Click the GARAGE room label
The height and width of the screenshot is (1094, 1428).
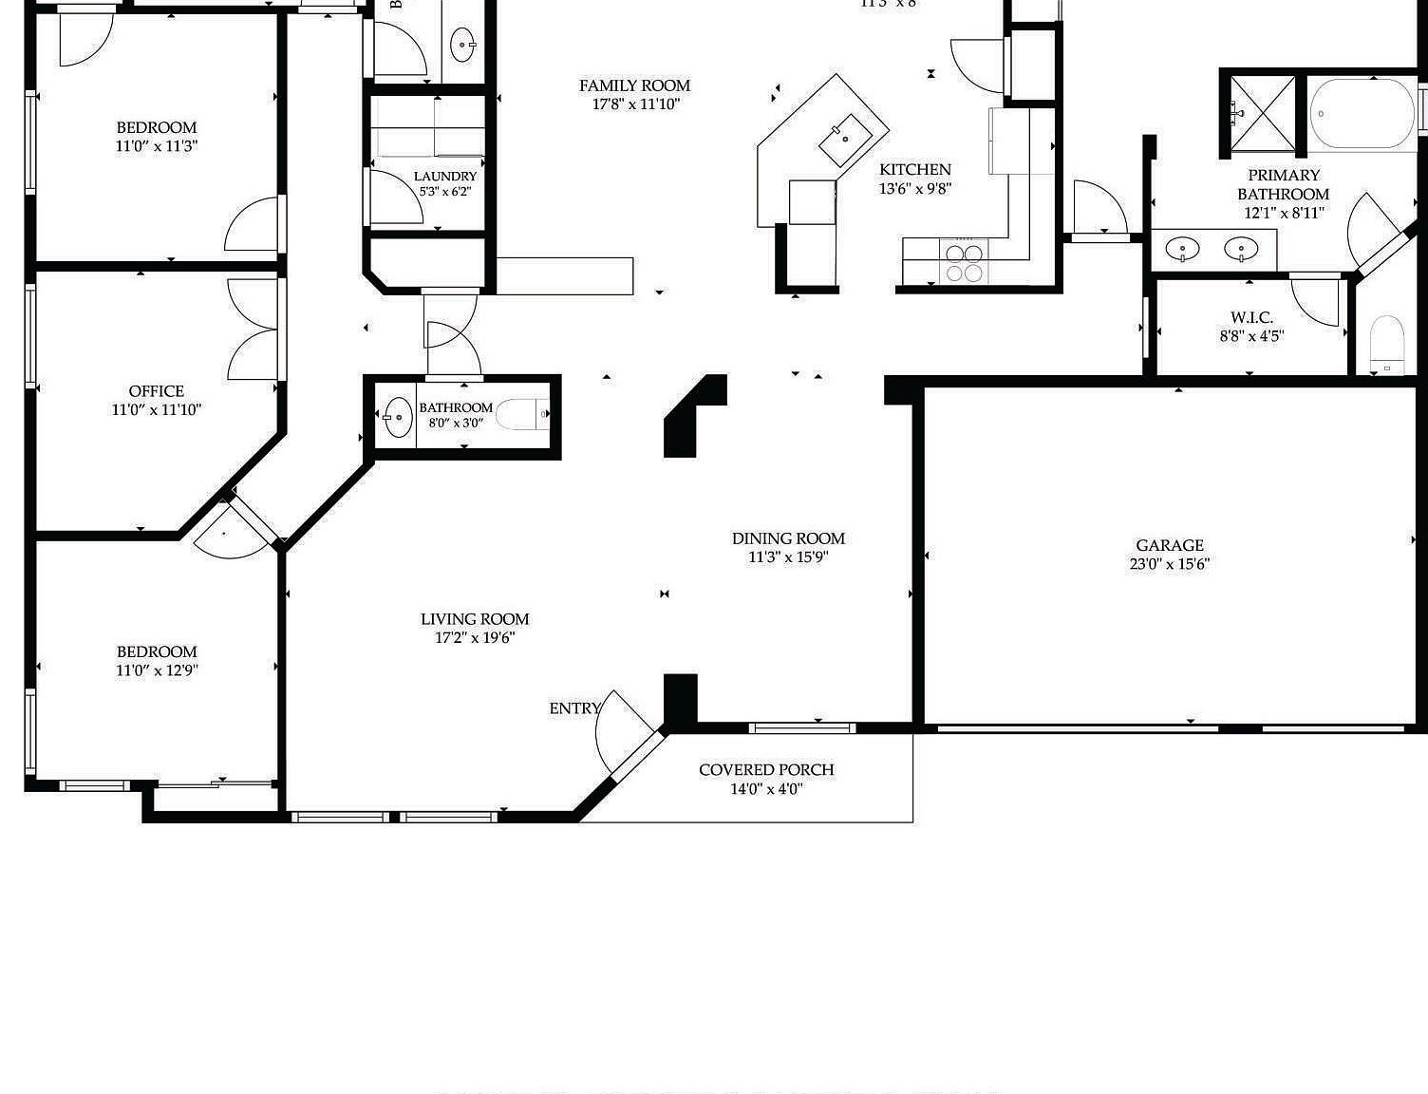click(x=1169, y=545)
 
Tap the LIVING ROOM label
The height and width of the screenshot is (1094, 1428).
click(x=475, y=619)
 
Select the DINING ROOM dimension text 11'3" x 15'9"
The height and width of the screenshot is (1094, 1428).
click(x=788, y=557)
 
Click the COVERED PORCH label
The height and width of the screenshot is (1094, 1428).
click(x=766, y=769)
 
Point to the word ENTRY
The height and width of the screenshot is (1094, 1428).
click(x=574, y=708)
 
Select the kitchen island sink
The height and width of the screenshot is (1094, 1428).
click(x=843, y=140)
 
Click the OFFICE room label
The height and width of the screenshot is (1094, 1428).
click(x=157, y=391)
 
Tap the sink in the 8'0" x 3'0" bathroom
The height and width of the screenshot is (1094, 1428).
click(x=398, y=416)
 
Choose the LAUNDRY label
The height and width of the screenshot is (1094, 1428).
click(x=445, y=177)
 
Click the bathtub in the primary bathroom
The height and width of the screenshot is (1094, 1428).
click(x=1362, y=114)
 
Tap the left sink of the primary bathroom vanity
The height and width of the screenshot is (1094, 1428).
click(x=1182, y=249)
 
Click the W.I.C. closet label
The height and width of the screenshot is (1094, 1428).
click(x=1251, y=317)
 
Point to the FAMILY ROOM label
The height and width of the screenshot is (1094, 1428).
click(x=634, y=85)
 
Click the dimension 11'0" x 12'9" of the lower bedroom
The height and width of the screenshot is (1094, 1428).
click(x=157, y=670)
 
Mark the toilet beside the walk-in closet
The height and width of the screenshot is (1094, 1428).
click(x=1387, y=344)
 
